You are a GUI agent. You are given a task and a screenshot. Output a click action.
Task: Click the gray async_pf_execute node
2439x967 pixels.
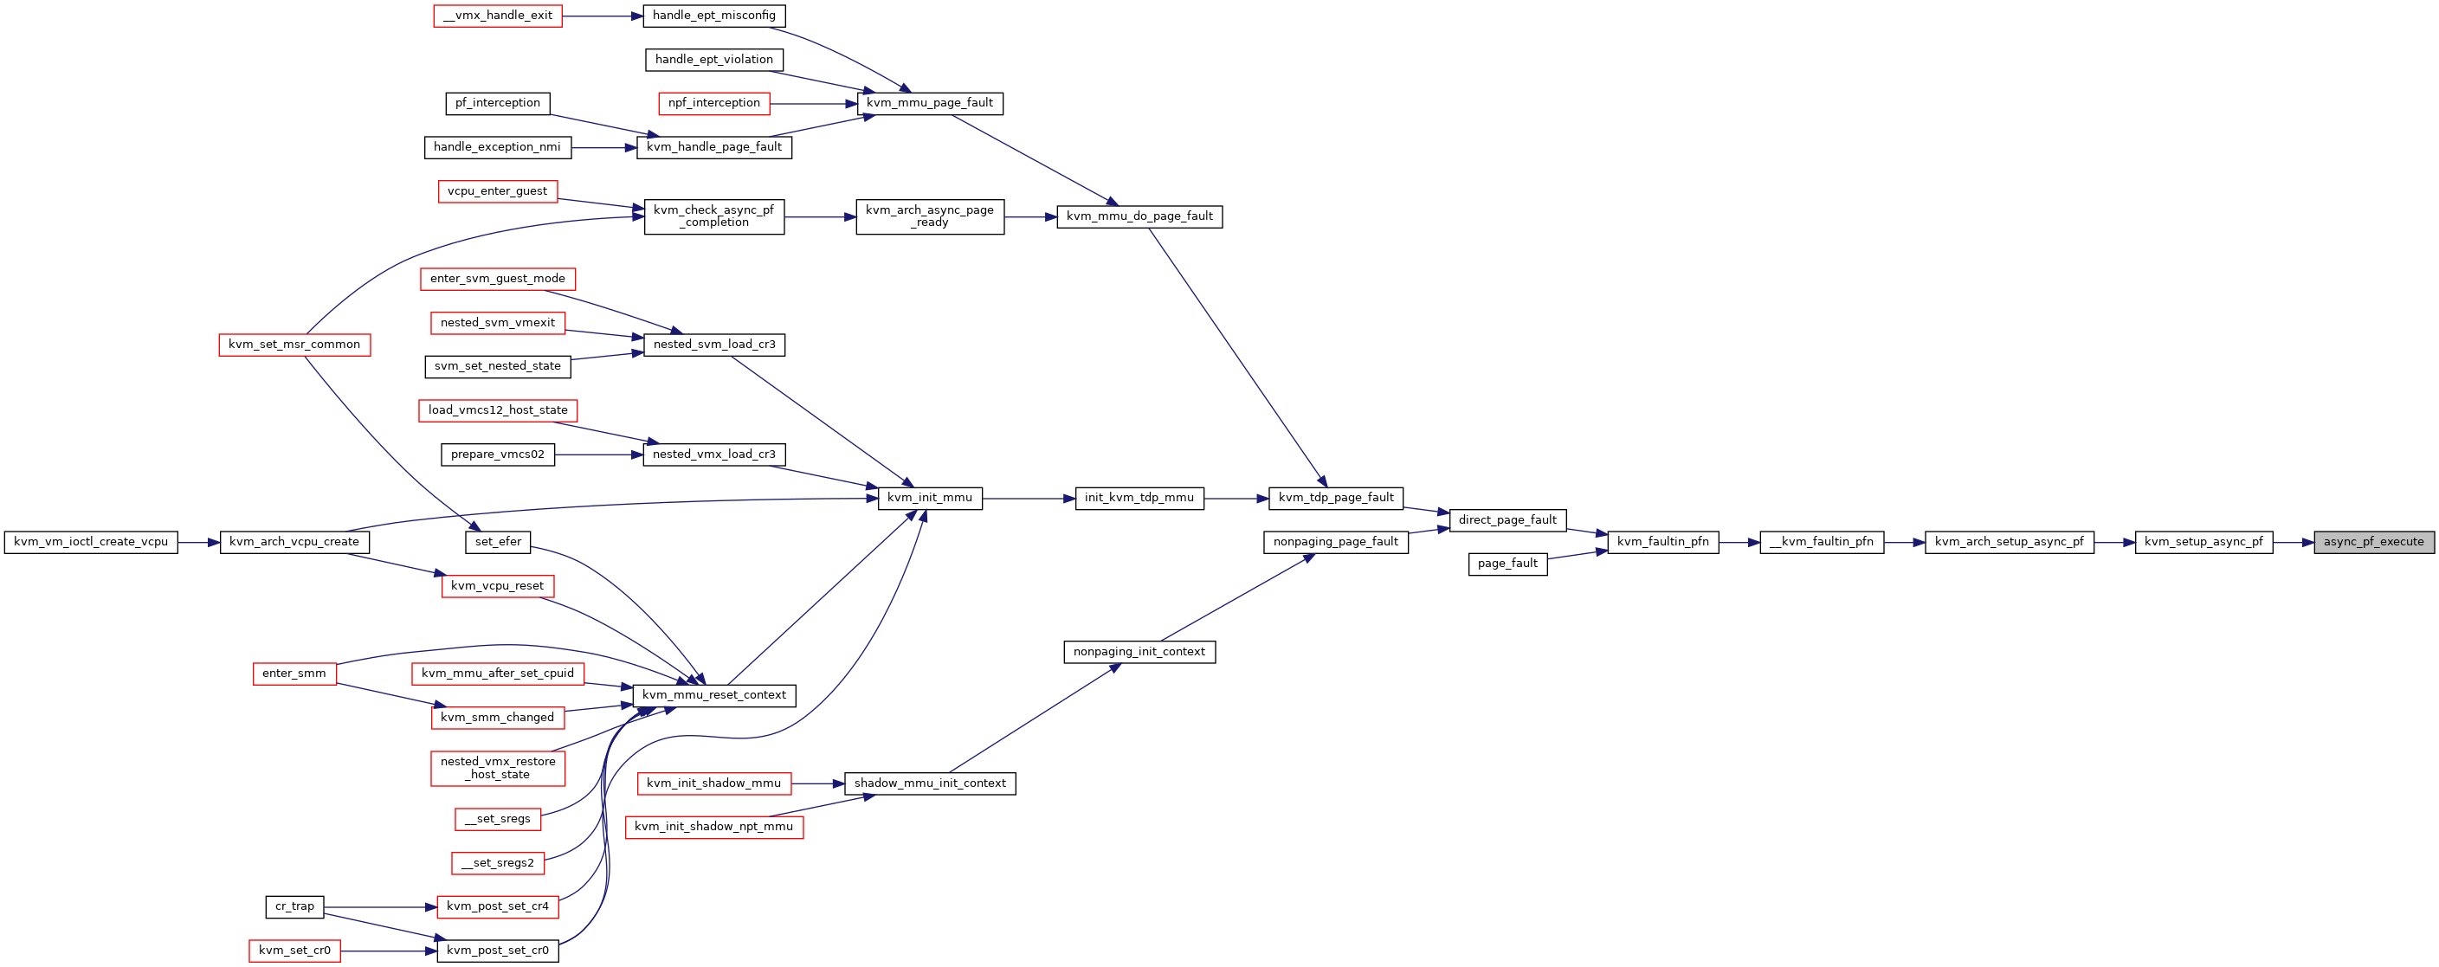(2374, 542)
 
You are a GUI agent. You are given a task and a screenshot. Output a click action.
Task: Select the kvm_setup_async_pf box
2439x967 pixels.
(2203, 542)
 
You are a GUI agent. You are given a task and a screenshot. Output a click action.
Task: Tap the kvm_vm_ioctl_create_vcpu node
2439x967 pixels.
(91, 542)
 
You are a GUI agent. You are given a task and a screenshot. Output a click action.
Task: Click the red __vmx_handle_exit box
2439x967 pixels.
(498, 16)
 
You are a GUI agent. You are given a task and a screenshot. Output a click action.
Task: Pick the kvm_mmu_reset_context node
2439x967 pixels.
(714, 695)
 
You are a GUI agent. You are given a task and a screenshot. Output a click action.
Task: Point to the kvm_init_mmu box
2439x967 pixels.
(930, 498)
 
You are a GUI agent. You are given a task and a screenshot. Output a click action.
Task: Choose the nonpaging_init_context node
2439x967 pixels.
(1139, 652)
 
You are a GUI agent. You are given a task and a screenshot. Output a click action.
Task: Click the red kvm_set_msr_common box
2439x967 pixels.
(294, 345)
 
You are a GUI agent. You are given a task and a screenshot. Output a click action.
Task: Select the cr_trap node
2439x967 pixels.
(294, 906)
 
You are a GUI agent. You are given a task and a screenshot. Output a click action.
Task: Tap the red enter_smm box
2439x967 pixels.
(294, 674)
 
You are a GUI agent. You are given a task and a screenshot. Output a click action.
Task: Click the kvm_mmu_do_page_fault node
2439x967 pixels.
(1139, 217)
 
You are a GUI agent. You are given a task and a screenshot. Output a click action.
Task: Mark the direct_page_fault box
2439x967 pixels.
(1507, 520)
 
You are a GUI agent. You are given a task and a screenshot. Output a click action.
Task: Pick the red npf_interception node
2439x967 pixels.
(714, 103)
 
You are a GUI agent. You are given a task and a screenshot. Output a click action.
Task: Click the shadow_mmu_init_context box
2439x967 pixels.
(930, 783)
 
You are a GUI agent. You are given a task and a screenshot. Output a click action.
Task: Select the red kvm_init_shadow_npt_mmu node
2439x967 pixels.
(714, 827)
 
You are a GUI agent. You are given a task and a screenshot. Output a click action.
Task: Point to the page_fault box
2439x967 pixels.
(1507, 564)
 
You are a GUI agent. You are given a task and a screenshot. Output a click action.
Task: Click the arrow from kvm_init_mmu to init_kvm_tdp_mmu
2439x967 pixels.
(1029, 498)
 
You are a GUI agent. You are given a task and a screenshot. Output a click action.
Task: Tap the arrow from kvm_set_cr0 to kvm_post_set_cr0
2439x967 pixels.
(388, 950)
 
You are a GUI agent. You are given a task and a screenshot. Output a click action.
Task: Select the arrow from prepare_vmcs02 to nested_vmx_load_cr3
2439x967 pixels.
(598, 454)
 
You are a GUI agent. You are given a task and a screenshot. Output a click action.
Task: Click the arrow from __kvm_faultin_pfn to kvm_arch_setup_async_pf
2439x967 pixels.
(1904, 542)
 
